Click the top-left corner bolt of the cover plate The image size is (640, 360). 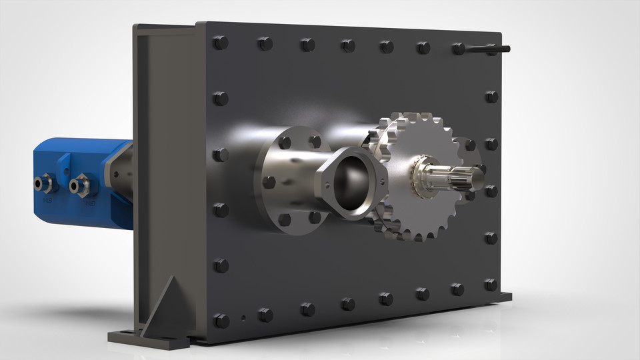pos(220,43)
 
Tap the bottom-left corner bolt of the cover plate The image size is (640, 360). pos(221,321)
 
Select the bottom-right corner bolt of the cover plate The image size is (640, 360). pos(491,285)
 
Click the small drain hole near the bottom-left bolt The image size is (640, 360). pos(243,318)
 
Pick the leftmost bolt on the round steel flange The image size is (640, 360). pos(269,182)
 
